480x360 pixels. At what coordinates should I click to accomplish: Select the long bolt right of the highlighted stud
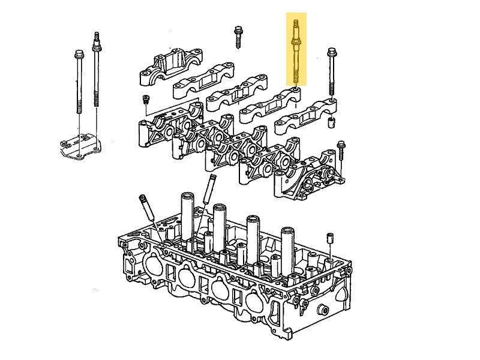click(x=331, y=72)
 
